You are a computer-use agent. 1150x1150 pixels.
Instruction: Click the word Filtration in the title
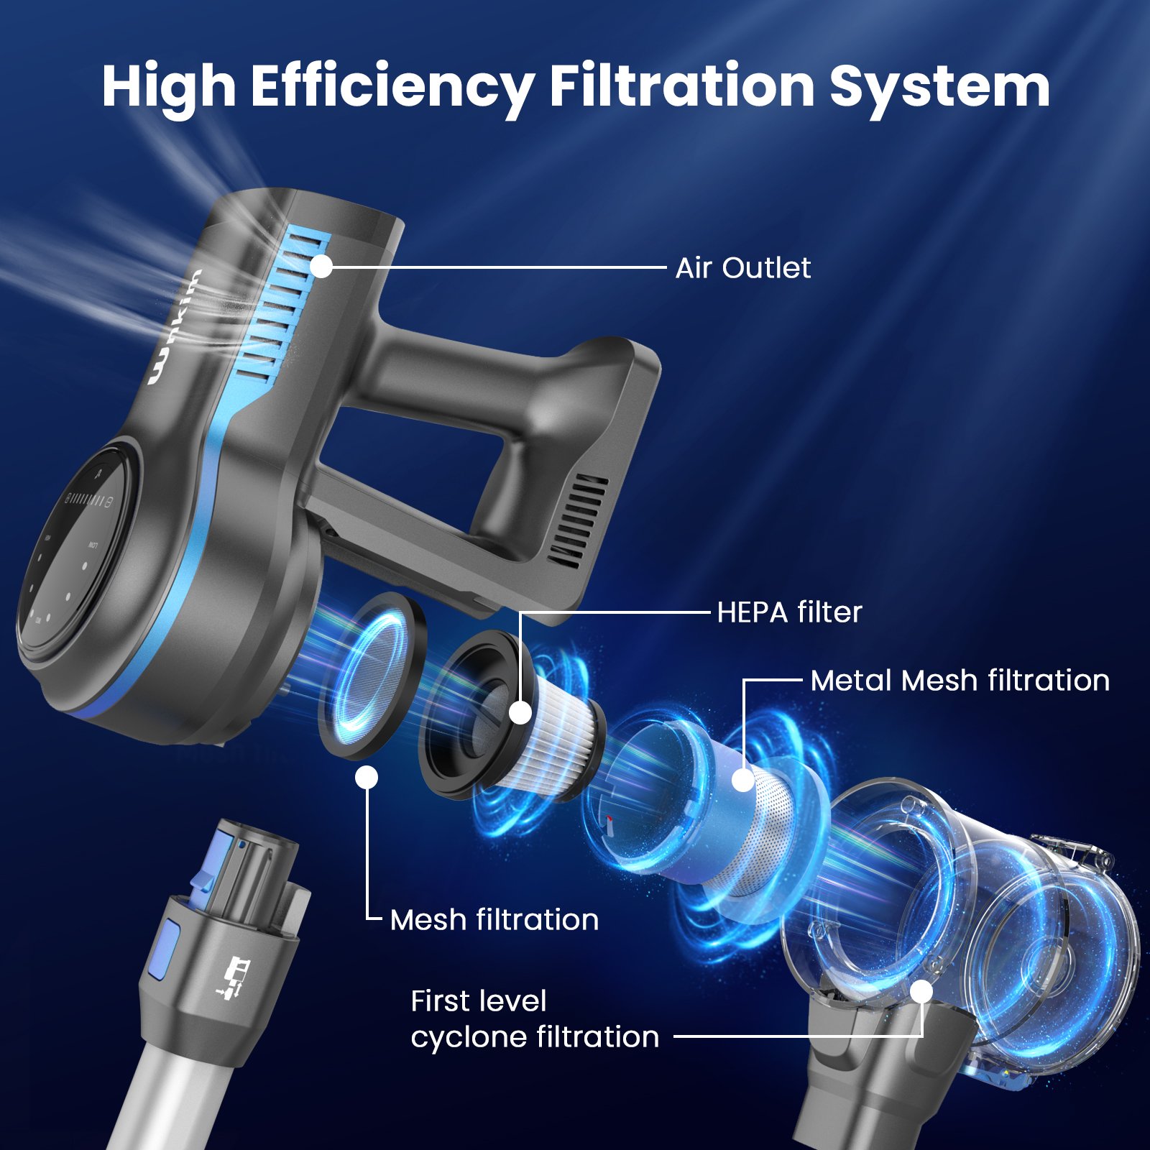point(682,86)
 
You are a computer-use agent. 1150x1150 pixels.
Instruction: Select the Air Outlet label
point(743,268)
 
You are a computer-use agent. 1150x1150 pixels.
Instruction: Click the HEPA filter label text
point(789,612)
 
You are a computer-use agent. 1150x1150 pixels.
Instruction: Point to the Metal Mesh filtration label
point(960,681)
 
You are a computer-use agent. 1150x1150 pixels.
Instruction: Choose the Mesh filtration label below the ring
point(494,920)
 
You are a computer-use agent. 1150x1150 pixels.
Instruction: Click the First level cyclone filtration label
point(535,1019)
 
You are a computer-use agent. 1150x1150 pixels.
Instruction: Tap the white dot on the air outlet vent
point(321,267)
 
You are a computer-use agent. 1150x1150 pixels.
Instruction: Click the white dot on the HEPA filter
point(520,713)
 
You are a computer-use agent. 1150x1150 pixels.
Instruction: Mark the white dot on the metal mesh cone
point(743,780)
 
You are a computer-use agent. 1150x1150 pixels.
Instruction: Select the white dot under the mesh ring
point(367,777)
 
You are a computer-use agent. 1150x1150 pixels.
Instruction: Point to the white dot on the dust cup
point(921,992)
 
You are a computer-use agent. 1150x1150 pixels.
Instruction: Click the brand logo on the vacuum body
point(176,327)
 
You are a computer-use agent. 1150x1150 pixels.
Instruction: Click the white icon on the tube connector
point(234,977)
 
